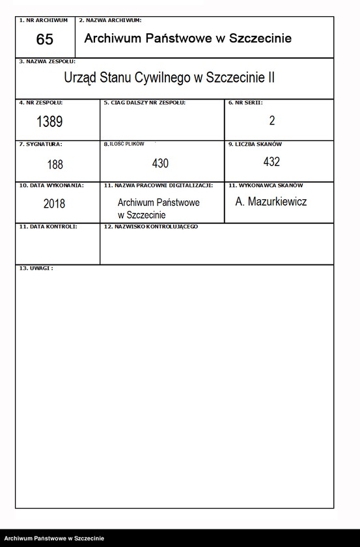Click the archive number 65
[x=45, y=40]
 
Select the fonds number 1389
[x=49, y=121]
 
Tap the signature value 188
[x=55, y=165]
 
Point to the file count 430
[x=160, y=163]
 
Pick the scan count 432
[x=271, y=161]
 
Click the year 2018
[x=54, y=203]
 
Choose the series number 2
[x=271, y=120]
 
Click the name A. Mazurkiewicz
[x=271, y=202]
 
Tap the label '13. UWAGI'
[x=36, y=268]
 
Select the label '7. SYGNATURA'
[x=41, y=144]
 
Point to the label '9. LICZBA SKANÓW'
[x=255, y=144]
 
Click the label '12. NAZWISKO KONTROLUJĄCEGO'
[x=151, y=227]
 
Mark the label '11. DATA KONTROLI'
[x=48, y=227]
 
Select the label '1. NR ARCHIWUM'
[x=44, y=21]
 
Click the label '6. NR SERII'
[x=245, y=103]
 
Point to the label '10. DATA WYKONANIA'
[x=51, y=186]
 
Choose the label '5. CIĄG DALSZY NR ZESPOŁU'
[x=145, y=103]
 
